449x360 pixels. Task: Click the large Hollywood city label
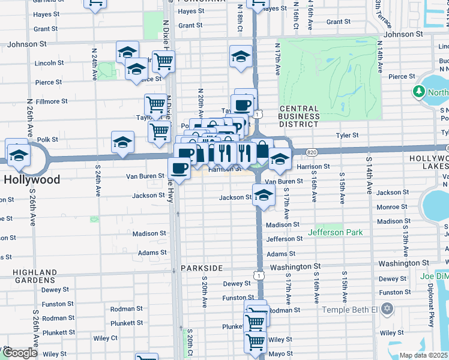[x=32, y=179]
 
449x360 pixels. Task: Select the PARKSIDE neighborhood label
[x=201, y=268]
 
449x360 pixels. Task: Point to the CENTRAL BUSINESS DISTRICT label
[x=299, y=116]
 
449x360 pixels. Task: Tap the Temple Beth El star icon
[x=387, y=309]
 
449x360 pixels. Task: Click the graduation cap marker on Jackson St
[x=263, y=194]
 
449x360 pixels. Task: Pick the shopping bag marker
[x=262, y=149]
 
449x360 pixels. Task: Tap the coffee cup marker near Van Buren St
[x=179, y=168]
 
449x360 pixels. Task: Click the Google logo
[x=20, y=352]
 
